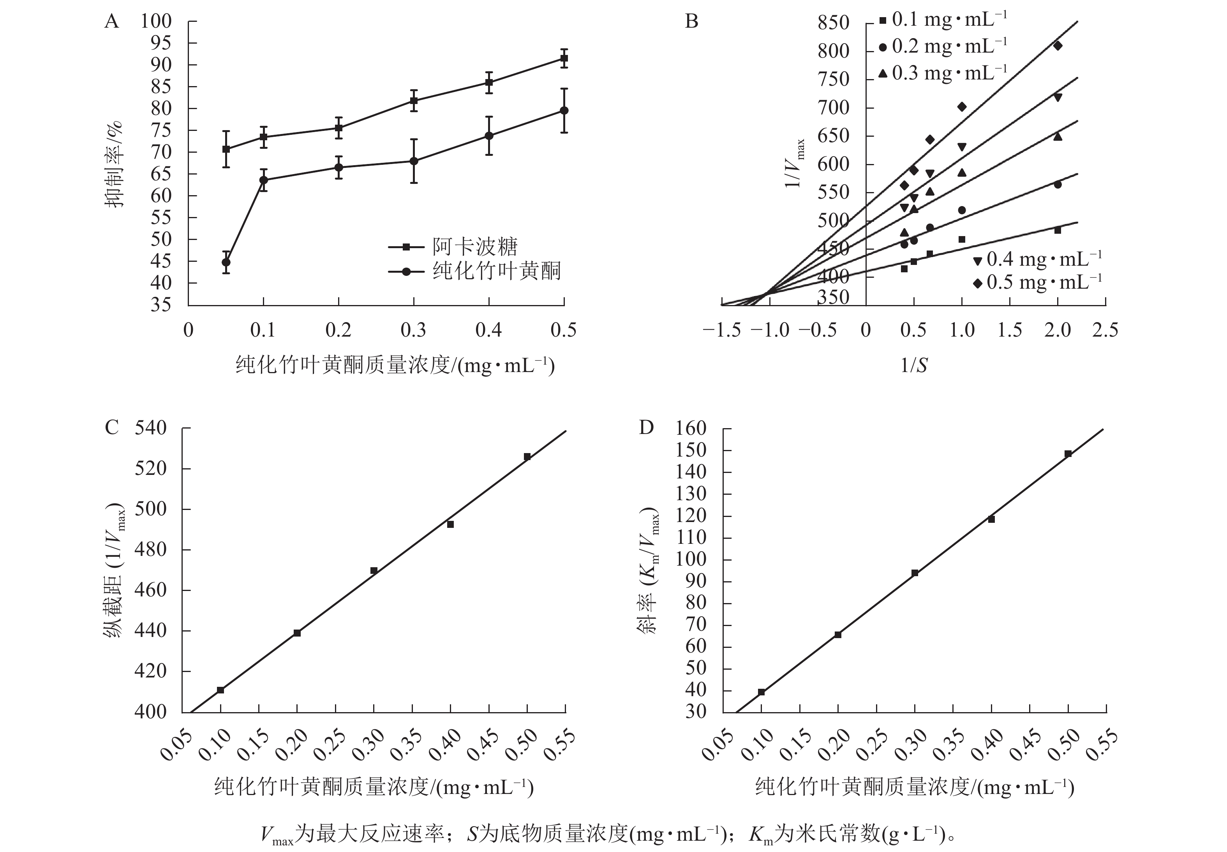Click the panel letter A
click(x=111, y=21)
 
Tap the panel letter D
click(x=646, y=428)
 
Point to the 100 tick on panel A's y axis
click(x=156, y=21)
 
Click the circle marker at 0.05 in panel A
click(x=226, y=262)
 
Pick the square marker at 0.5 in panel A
click(x=564, y=58)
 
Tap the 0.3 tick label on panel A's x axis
click(x=414, y=330)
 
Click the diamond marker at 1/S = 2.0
click(x=1057, y=46)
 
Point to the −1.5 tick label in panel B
click(x=721, y=330)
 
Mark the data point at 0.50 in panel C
click(x=527, y=457)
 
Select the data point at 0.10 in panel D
click(x=762, y=692)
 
